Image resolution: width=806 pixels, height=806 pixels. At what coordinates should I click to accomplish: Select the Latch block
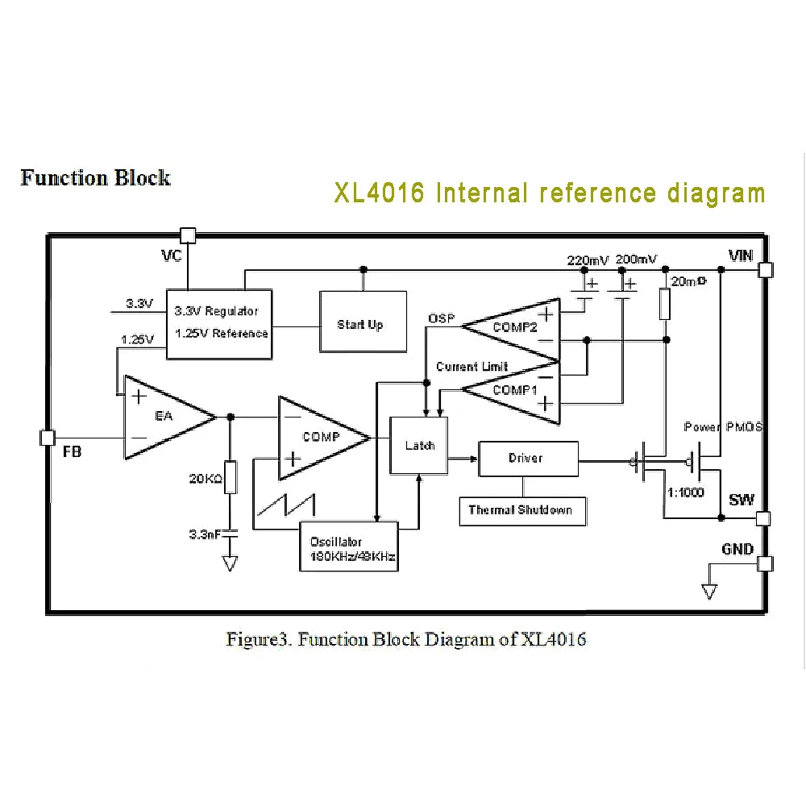(x=419, y=445)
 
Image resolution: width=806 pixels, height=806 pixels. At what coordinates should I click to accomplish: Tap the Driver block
(x=528, y=459)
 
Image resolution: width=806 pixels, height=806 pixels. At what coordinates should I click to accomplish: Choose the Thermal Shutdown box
(x=522, y=510)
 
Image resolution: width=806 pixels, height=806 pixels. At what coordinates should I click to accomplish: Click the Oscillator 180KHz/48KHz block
(x=349, y=547)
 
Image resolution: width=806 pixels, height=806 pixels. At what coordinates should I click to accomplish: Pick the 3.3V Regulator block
(x=218, y=322)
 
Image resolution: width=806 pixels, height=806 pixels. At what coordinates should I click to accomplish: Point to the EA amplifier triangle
(x=165, y=417)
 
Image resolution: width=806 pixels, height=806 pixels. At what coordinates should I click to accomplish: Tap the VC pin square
(x=187, y=235)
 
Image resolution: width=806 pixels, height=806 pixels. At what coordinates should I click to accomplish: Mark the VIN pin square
(x=765, y=271)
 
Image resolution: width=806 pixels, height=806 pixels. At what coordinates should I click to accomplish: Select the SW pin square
(x=765, y=518)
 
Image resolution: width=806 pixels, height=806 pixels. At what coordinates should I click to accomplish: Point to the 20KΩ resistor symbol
(x=231, y=478)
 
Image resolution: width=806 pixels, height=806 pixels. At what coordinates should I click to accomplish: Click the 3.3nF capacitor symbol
(x=231, y=533)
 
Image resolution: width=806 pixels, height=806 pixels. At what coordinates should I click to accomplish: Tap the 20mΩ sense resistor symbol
(x=665, y=304)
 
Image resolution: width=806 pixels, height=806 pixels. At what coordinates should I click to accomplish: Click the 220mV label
(x=588, y=260)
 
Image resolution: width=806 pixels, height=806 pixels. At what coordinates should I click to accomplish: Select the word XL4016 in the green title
(x=379, y=194)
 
